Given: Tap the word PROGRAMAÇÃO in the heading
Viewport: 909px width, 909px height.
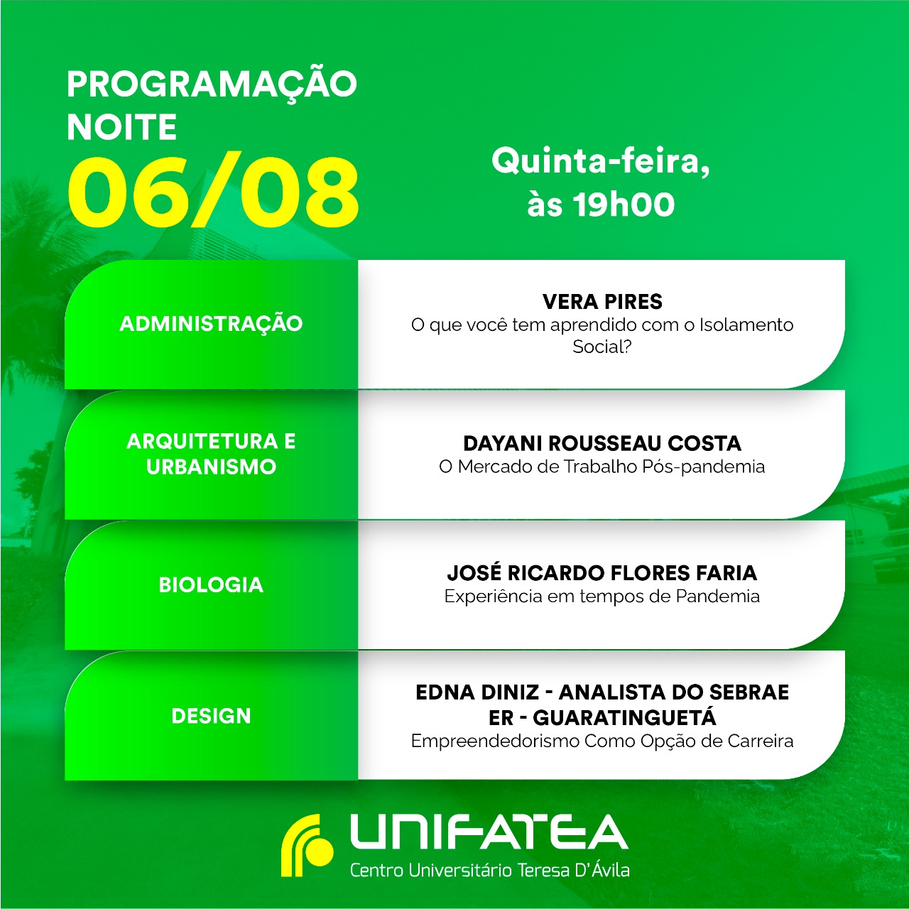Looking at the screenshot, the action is click(x=212, y=84).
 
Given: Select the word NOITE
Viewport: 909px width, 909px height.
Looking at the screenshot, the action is click(x=121, y=127).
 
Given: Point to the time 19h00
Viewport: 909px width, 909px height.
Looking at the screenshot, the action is click(x=624, y=205).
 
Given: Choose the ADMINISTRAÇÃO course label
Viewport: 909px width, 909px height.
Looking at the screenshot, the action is click(x=211, y=324).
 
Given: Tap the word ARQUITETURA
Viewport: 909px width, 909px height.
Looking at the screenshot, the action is click(x=202, y=442).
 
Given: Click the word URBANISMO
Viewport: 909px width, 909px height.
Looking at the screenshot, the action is click(x=211, y=467).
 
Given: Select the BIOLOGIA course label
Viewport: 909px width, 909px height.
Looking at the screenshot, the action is click(x=211, y=585).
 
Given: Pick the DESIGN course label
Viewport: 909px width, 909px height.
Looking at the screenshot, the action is click(x=211, y=716).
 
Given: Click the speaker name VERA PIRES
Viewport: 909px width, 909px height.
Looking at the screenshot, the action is click(x=602, y=302).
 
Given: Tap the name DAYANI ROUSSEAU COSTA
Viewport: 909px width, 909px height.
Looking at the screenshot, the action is click(x=602, y=443).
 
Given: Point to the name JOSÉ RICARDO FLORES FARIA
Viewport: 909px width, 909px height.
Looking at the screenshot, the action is click(x=602, y=573).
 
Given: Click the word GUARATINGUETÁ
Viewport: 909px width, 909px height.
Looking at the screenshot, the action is click(x=624, y=718).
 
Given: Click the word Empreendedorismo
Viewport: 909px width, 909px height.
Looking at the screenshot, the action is click(x=495, y=741).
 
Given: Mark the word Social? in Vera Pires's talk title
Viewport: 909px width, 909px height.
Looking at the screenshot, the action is click(x=602, y=347).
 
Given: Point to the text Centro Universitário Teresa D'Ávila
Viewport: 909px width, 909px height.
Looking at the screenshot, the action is click(x=489, y=870).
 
